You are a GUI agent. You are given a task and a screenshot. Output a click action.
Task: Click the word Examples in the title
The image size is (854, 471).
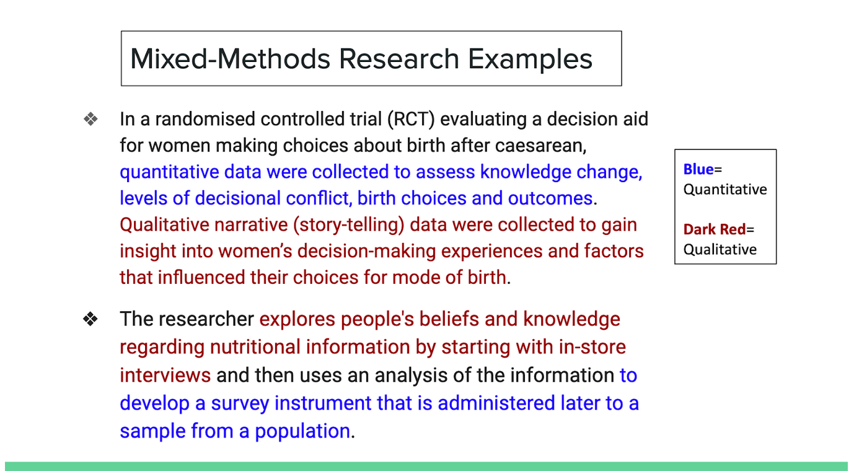point(530,60)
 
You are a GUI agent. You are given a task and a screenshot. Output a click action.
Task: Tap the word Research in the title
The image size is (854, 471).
point(399,59)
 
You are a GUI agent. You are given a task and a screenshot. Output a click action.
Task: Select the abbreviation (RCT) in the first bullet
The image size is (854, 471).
point(411,119)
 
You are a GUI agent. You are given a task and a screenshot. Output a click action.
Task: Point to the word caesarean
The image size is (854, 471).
point(540,146)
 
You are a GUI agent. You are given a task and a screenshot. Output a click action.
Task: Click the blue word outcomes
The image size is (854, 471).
point(550,198)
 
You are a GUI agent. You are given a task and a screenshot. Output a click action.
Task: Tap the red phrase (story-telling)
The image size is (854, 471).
point(348,224)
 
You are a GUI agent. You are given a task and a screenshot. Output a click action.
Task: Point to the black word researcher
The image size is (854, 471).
point(206,319)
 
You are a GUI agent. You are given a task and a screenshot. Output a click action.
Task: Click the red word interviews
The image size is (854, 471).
point(165,376)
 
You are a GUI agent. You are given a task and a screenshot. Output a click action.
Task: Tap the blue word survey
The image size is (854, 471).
point(240,403)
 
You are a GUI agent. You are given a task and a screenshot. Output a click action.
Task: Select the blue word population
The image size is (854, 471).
point(302,431)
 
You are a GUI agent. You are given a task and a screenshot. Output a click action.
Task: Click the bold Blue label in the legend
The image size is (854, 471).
point(698,169)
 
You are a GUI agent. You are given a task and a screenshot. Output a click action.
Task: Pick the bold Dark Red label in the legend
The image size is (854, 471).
point(714,229)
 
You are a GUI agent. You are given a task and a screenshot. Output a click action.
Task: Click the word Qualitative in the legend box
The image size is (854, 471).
point(720,250)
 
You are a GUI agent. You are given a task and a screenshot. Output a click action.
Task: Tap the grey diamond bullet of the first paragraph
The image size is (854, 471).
point(90,119)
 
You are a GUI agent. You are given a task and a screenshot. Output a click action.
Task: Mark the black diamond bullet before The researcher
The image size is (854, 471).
point(90,319)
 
